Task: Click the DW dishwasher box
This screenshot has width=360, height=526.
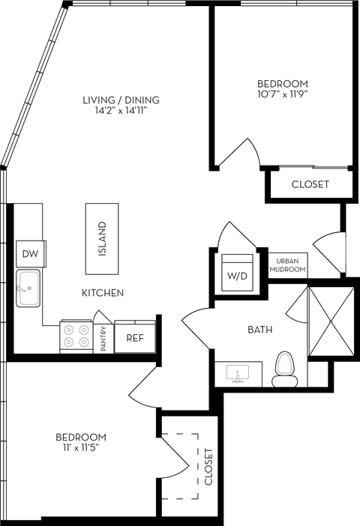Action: coord(30,254)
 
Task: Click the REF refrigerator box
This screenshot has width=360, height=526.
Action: coord(134,337)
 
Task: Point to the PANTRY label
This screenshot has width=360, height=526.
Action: coord(103,338)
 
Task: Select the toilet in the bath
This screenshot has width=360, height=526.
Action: coord(285,369)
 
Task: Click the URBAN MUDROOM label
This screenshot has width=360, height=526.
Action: coord(286,265)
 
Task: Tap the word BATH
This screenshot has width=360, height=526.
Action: coord(260,330)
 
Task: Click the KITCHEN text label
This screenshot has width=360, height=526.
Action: coord(103,293)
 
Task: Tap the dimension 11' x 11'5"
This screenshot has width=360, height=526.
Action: coord(80,449)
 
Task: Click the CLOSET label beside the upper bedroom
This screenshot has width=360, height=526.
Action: coord(310,184)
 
